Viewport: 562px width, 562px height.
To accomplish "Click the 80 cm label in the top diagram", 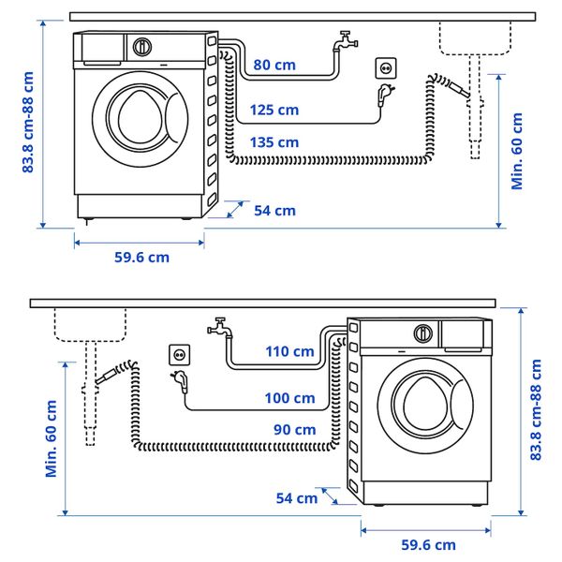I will click(x=274, y=65).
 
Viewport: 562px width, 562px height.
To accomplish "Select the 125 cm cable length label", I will click(x=274, y=110).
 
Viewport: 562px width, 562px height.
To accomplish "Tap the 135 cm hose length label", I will click(x=274, y=142).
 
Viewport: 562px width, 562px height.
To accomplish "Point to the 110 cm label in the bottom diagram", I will click(x=289, y=351).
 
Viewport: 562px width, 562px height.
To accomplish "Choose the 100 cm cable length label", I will click(x=289, y=398).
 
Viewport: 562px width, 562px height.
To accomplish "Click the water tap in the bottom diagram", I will click(x=219, y=327).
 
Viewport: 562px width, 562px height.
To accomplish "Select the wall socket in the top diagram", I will click(x=385, y=68).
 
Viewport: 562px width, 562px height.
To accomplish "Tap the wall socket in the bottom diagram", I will click(x=178, y=355).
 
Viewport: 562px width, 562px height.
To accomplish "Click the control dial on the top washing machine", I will click(x=142, y=46).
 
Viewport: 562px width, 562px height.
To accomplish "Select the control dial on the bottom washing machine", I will click(x=423, y=332).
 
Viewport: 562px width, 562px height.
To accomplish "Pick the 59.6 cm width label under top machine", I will click(x=140, y=257).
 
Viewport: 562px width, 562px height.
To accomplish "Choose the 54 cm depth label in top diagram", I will click(x=274, y=211).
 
